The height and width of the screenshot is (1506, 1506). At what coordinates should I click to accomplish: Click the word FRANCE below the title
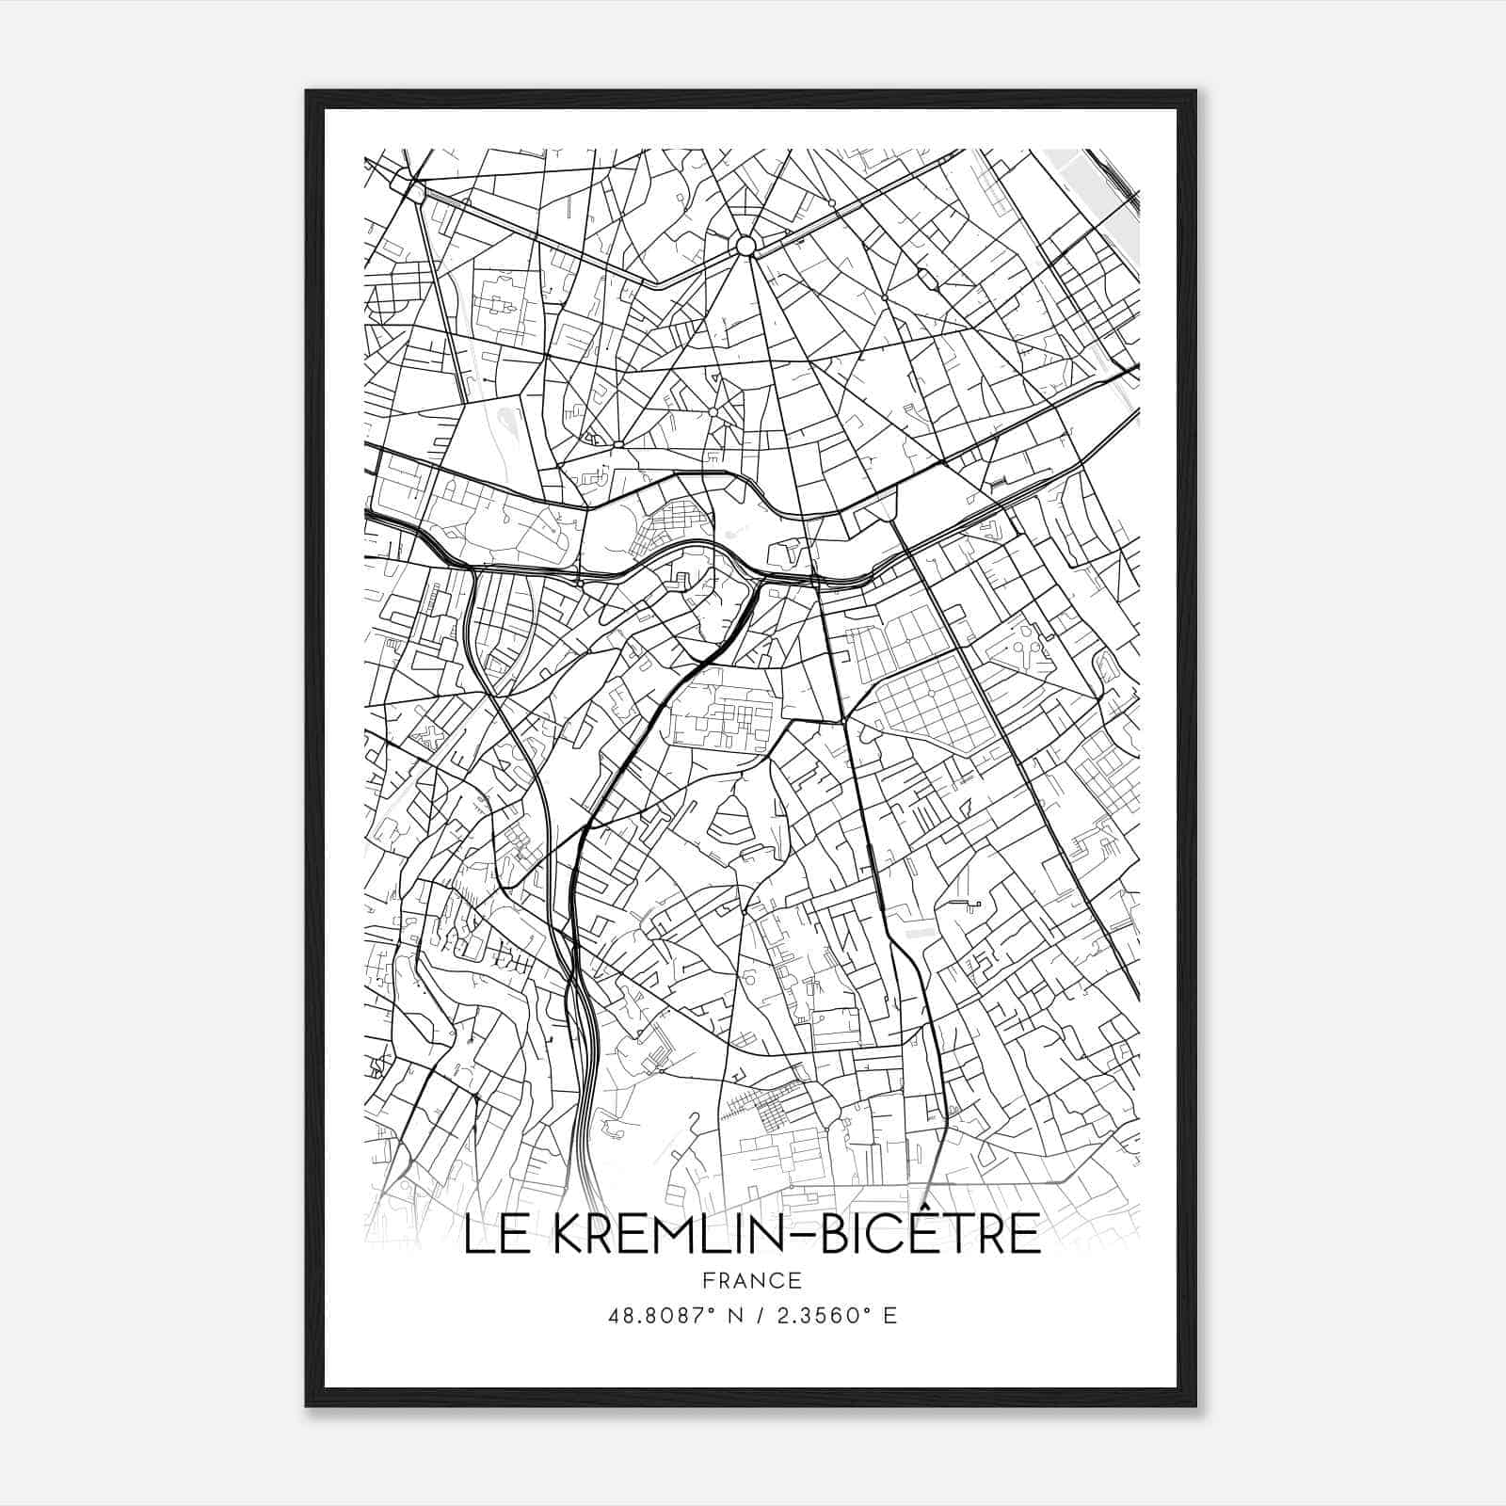(751, 1280)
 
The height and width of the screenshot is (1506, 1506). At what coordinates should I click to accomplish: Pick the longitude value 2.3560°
(818, 1315)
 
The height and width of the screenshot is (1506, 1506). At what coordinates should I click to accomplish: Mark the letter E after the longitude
(889, 1315)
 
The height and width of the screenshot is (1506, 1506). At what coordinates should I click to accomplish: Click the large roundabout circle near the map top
(745, 247)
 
